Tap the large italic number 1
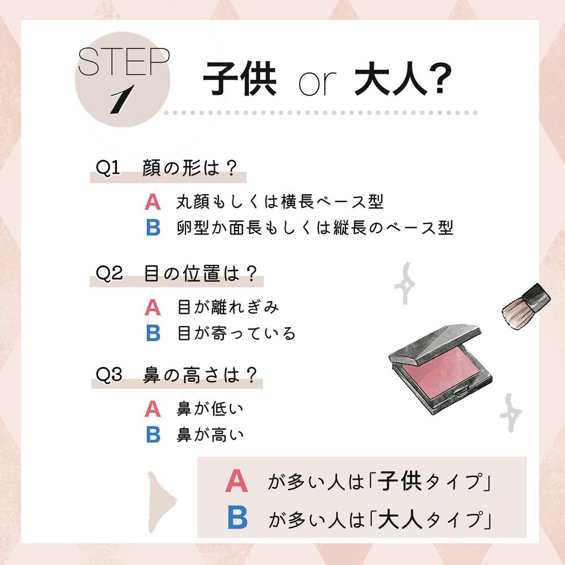(120, 101)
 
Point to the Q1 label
(108, 168)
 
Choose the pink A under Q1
(152, 202)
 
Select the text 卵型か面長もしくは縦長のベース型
(315, 228)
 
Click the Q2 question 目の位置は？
(201, 274)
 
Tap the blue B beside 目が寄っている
(153, 333)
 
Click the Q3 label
(109, 375)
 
